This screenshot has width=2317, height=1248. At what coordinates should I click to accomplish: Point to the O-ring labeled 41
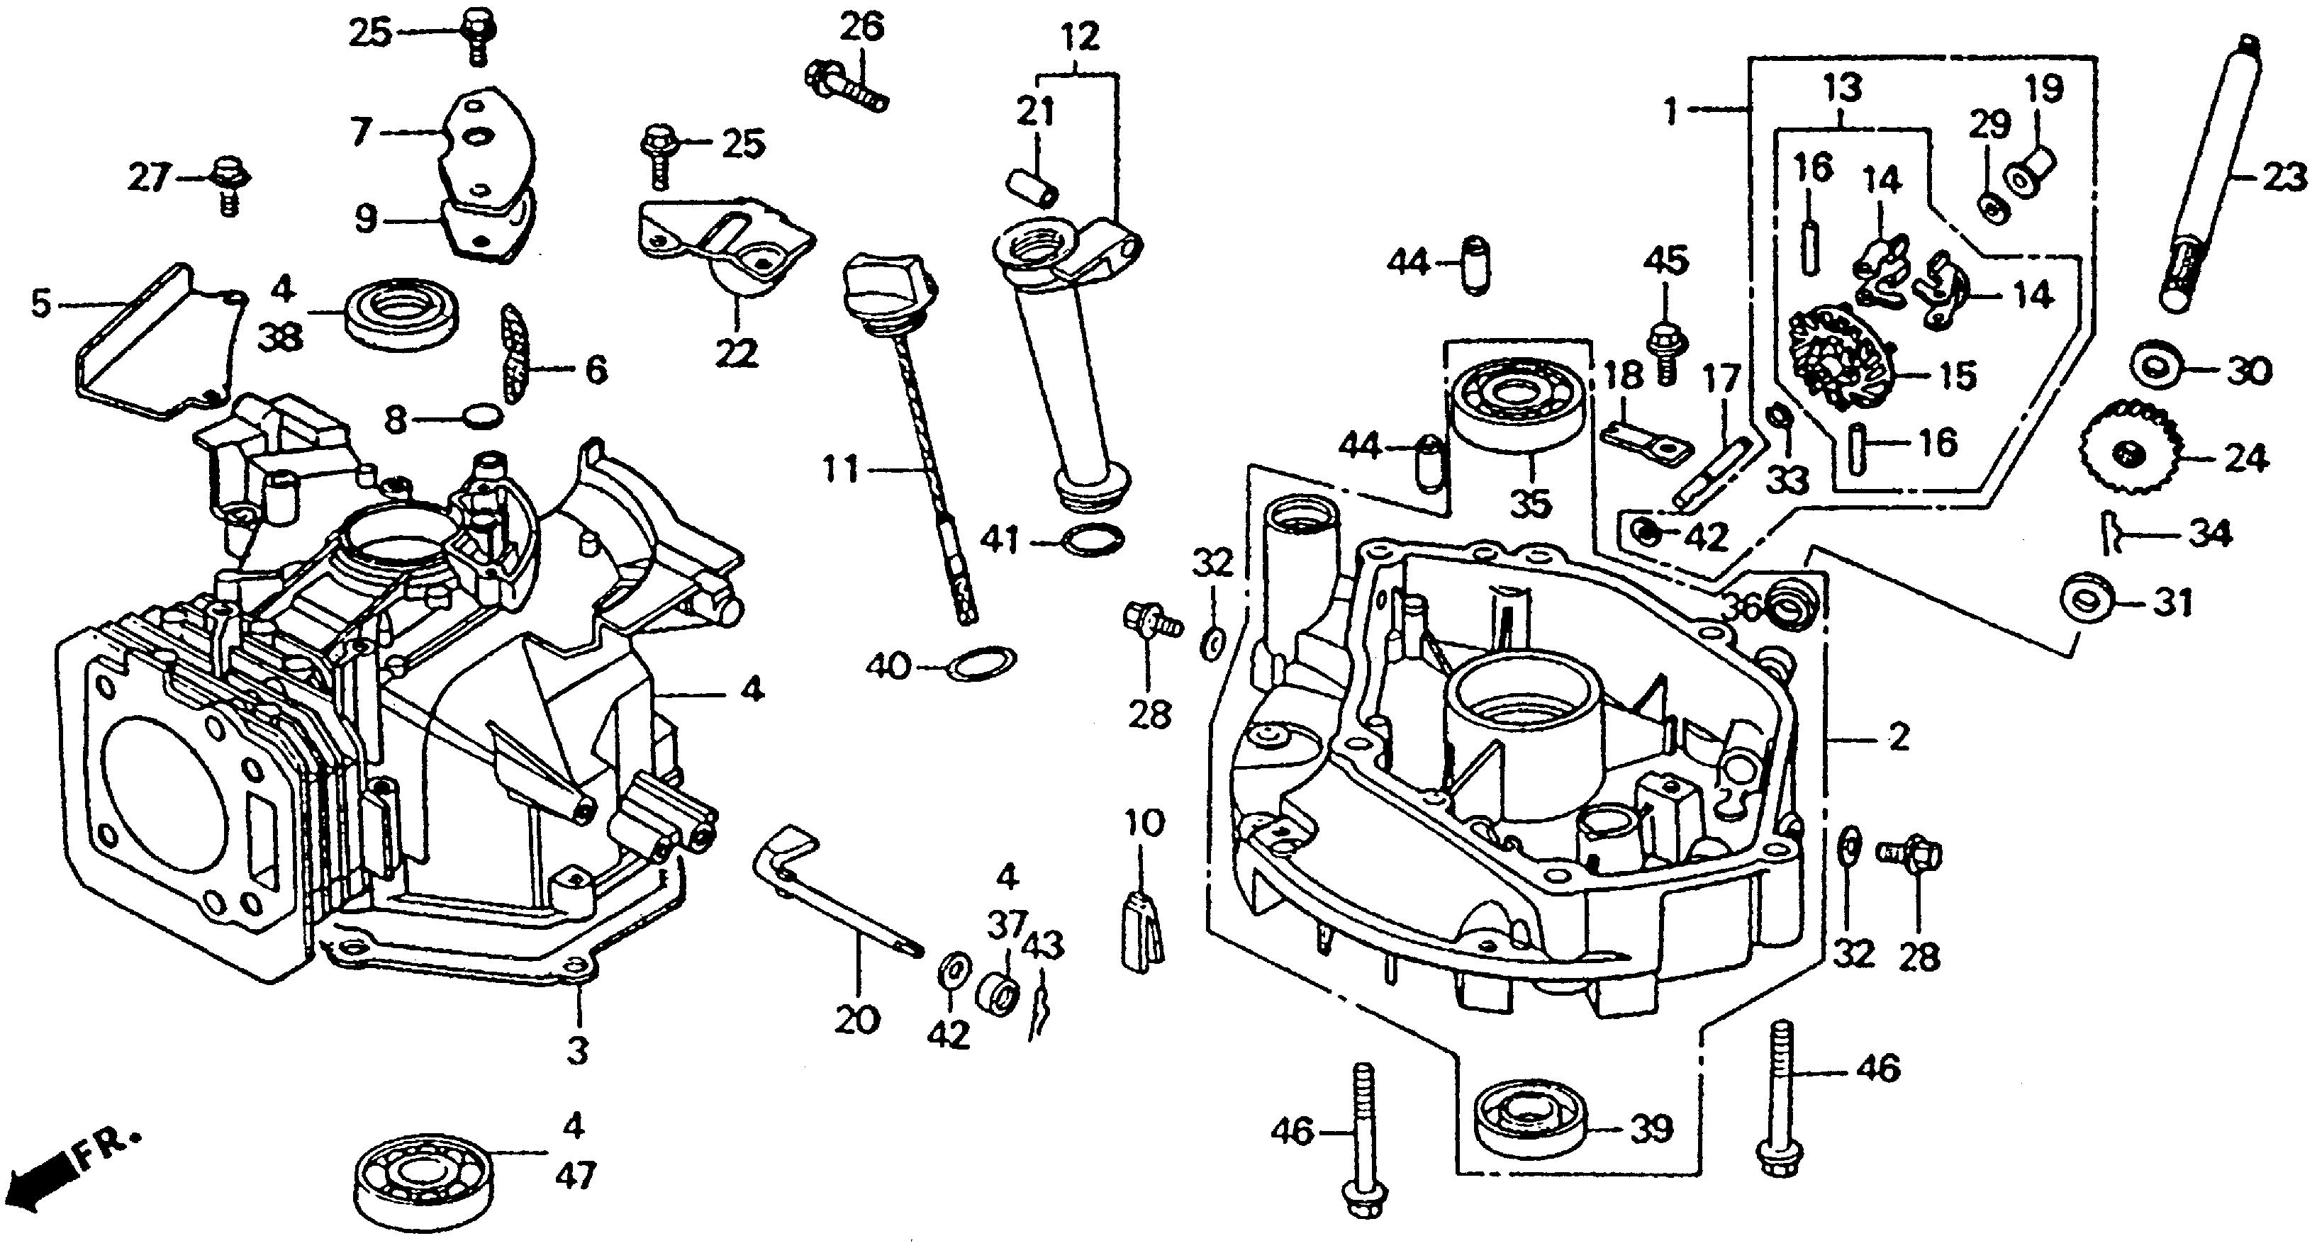pyautogui.click(x=1093, y=539)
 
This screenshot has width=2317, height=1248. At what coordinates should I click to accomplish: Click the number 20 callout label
pyautogui.click(x=855, y=1020)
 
